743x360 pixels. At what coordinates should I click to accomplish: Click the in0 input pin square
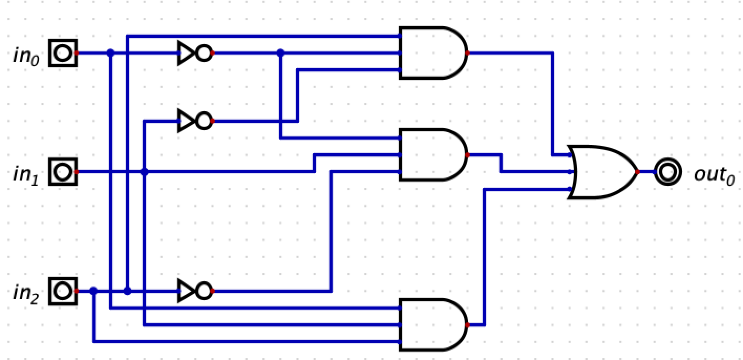(63, 53)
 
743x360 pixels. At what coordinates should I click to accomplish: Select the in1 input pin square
(63, 172)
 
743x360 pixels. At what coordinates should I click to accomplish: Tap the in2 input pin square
(63, 291)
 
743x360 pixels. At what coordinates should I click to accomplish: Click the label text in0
(26, 56)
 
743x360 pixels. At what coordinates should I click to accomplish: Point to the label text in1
(26, 174)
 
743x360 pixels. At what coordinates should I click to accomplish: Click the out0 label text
(714, 174)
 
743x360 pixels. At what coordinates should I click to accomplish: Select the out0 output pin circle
(667, 172)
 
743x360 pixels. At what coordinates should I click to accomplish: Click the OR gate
(603, 172)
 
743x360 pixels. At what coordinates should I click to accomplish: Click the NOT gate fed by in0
(194, 53)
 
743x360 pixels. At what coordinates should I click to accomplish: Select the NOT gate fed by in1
(194, 121)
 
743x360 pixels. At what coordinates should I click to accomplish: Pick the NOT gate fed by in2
(194, 291)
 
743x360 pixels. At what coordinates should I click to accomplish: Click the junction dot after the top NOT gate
(280, 53)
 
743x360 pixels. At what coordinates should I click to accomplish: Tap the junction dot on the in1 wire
(144, 172)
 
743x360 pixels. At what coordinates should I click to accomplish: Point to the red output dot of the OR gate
(638, 172)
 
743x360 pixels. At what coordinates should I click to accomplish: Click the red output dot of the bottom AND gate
(467, 325)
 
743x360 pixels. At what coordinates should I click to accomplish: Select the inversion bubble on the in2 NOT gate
(205, 291)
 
